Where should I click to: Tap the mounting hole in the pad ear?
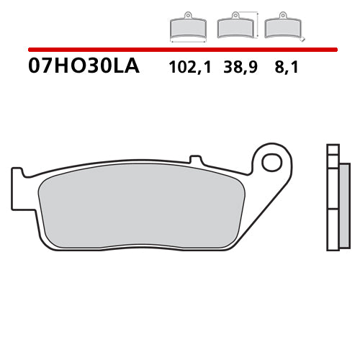point(271,162)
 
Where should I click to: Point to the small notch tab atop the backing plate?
point(193,158)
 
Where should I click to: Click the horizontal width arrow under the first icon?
point(188,42)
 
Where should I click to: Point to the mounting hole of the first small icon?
point(188,15)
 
